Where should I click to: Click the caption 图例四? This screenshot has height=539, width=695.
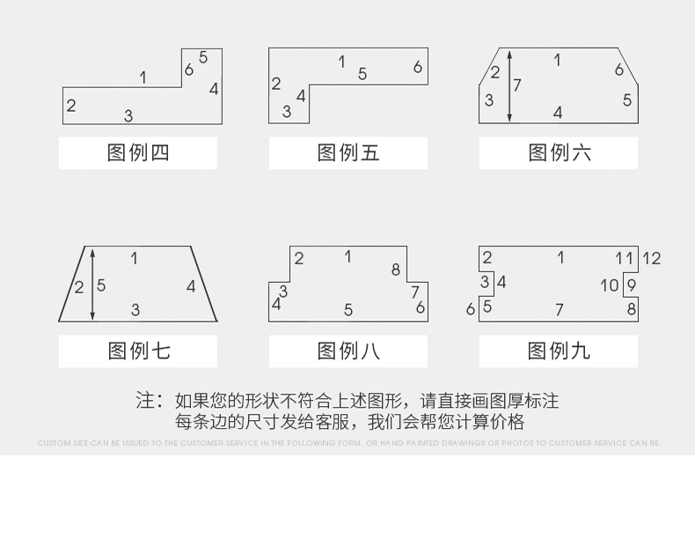[138, 153]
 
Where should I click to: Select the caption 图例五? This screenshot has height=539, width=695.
[348, 153]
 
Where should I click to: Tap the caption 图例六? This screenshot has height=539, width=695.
[560, 153]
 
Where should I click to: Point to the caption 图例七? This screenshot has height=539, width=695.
[138, 351]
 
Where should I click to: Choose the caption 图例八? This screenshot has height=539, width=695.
[348, 351]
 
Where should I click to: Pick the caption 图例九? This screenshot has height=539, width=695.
[560, 351]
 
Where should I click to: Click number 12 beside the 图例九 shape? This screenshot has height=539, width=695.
[651, 259]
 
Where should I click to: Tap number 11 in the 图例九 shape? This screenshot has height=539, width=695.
[625, 258]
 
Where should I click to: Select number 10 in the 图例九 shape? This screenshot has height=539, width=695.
[610, 285]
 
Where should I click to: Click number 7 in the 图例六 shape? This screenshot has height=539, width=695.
[517, 85]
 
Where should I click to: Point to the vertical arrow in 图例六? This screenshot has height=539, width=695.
[508, 85]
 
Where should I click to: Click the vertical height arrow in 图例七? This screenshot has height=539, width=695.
[92, 284]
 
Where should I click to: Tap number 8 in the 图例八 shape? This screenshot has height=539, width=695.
[396, 270]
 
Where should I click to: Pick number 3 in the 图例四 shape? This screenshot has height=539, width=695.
[128, 115]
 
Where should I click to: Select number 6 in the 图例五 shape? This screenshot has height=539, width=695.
[418, 67]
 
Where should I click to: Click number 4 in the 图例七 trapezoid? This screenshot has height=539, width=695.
[191, 286]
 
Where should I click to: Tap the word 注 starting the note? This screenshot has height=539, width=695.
[145, 401]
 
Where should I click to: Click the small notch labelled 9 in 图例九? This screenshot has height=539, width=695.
[630, 285]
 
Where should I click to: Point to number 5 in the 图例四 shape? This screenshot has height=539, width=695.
[203, 58]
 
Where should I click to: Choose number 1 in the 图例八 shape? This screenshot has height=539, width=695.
[348, 257]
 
